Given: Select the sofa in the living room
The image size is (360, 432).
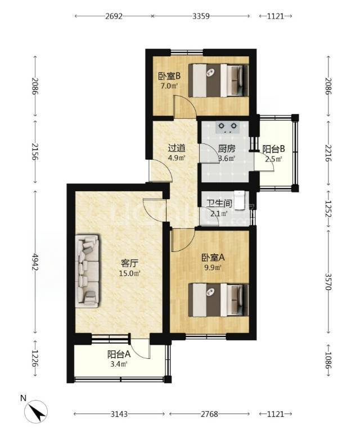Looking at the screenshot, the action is click(87, 271).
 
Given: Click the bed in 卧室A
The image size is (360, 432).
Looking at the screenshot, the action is click(218, 300).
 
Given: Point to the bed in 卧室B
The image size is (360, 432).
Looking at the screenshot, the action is click(218, 80).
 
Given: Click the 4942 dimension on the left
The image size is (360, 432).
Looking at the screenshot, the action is click(35, 262).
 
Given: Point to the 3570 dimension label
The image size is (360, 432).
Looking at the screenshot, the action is click(328, 281).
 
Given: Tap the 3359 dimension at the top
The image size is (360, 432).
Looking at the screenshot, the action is click(201, 16).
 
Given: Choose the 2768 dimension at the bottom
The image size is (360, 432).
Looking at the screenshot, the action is click(210, 414).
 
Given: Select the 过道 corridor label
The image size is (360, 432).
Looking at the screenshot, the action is click(177, 148).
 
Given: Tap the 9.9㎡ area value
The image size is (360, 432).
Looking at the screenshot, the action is click(213, 268).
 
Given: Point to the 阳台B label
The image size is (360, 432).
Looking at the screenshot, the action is click(273, 149).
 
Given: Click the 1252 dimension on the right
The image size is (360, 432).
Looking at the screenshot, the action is click(328, 209).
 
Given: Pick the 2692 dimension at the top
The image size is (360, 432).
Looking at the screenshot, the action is click(114, 16).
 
